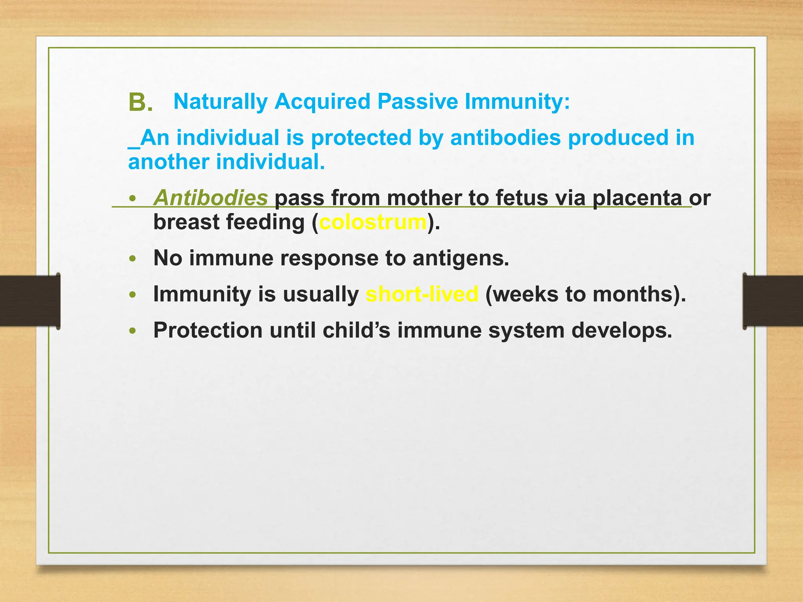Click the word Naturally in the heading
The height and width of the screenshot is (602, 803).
tap(220, 102)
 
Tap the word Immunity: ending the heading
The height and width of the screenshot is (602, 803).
tap(517, 102)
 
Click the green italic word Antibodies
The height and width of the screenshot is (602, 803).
tap(211, 198)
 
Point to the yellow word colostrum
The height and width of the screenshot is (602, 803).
tap(373, 222)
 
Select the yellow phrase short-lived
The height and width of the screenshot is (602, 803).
tap(422, 294)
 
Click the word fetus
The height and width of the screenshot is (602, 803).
tap(521, 198)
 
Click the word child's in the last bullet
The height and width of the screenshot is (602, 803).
tap(356, 330)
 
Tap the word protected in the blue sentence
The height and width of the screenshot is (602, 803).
tap(361, 138)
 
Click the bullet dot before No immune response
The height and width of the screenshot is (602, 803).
tap(133, 259)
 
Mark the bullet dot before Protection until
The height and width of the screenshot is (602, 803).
tap(133, 331)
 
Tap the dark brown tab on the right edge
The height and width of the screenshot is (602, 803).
tap(773, 301)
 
